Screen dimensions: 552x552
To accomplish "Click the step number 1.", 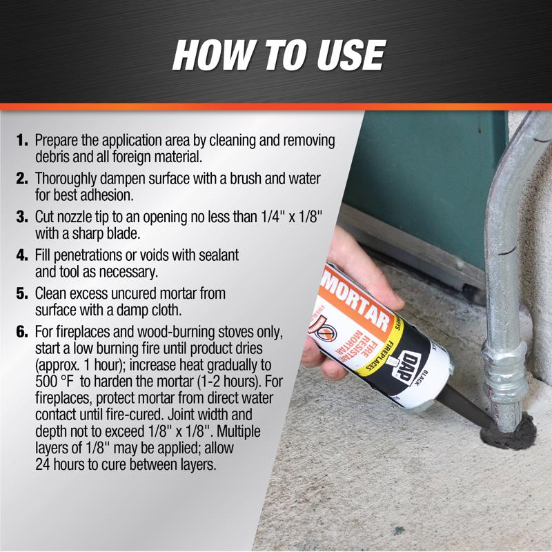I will click(22, 141).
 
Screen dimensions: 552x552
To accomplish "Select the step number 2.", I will click(22, 179).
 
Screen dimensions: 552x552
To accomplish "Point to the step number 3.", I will click(22, 217).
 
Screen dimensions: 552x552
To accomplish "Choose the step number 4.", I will click(22, 255).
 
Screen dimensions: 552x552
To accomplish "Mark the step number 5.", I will click(22, 293).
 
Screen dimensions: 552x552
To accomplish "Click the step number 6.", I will click(22, 332).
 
